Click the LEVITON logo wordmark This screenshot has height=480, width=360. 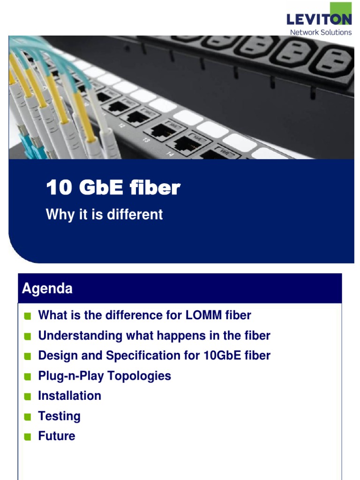click(x=319, y=20)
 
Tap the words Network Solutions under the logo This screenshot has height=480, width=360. click(x=321, y=32)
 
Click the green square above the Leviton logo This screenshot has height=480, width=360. click(x=341, y=8)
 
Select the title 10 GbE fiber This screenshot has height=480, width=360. click(x=113, y=188)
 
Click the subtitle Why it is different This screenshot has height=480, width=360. click(x=104, y=215)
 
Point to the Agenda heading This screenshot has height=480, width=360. click(x=47, y=288)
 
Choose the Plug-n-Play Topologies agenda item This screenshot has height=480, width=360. click(x=105, y=376)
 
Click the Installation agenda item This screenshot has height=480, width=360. click(x=69, y=396)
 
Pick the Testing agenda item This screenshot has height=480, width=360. click(x=59, y=416)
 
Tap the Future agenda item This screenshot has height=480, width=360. click(x=56, y=436)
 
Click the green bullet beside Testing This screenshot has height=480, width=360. click(x=28, y=417)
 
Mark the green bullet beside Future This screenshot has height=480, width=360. click(x=28, y=437)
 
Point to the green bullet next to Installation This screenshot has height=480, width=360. click(x=28, y=397)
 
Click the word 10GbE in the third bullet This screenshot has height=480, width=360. click(x=221, y=356)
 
